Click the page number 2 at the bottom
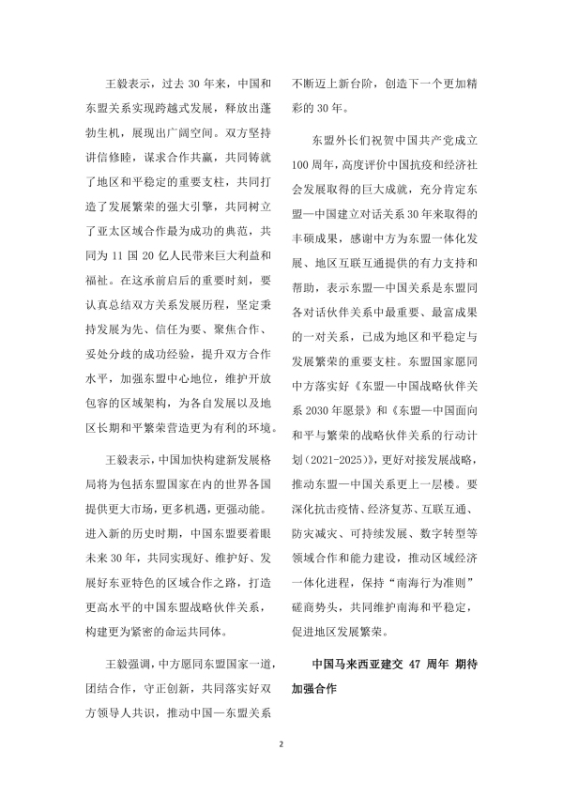pos(281,743)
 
